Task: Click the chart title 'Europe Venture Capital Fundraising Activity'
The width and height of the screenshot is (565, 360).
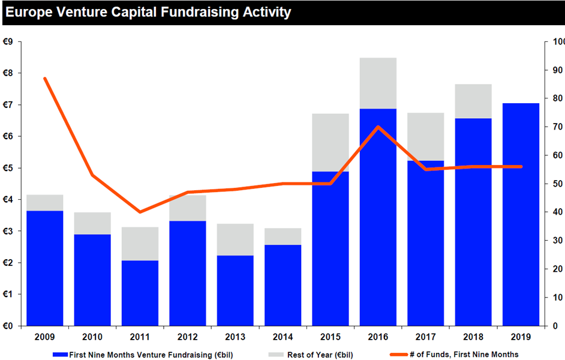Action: click(148, 12)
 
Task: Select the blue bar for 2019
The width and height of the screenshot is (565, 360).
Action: click(521, 215)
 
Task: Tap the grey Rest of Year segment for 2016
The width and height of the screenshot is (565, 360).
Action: click(378, 83)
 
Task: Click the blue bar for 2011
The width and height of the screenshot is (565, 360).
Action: click(140, 293)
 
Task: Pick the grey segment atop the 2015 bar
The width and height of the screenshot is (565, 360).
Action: click(330, 143)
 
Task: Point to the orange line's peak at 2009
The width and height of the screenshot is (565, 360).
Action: click(44, 79)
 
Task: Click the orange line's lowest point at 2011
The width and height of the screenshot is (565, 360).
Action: click(140, 212)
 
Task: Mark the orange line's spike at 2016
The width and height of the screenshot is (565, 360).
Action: click(378, 127)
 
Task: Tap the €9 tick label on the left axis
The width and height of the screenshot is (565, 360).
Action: click(8, 42)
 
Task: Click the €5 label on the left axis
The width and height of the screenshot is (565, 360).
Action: click(8, 168)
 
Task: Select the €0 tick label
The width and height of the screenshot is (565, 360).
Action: click(8, 326)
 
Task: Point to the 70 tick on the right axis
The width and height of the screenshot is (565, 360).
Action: click(558, 127)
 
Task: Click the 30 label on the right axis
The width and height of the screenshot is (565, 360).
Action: click(558, 241)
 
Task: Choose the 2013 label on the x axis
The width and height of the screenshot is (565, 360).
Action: click(235, 337)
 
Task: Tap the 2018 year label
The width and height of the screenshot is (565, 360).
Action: click(473, 337)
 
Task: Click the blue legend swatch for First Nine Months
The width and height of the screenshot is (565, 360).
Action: click(60, 355)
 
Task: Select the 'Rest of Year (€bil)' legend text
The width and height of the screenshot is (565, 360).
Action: click(320, 355)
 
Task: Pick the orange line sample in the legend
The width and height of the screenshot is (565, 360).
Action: click(399, 355)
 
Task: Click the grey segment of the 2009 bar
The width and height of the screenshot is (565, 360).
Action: click(44, 203)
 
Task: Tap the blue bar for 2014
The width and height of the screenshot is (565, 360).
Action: click(283, 286)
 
